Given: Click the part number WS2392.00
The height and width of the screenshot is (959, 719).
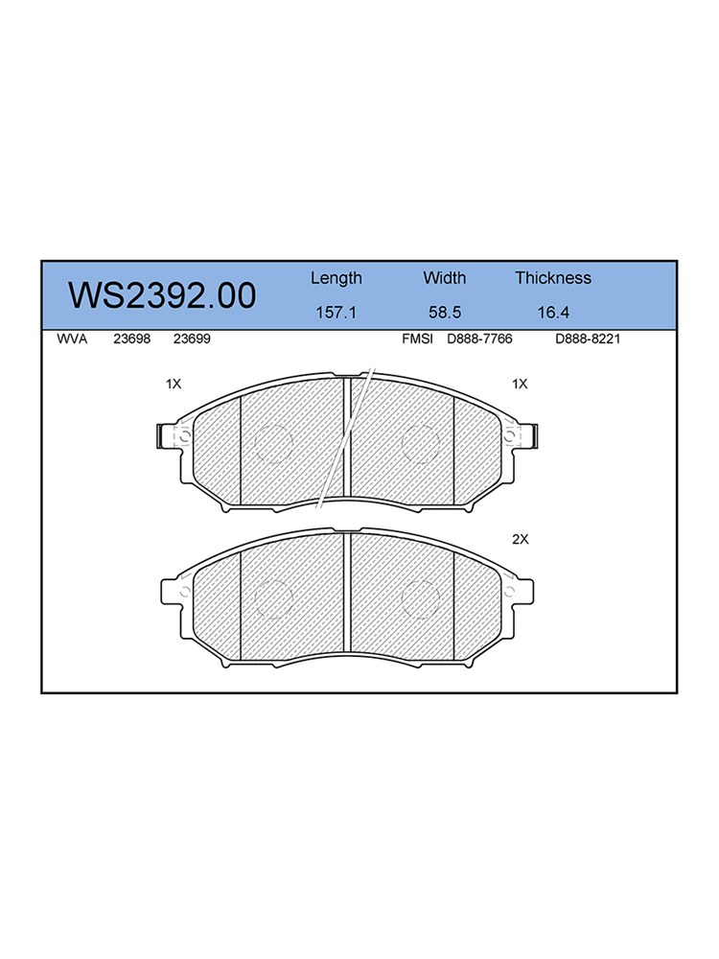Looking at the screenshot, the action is click(x=162, y=296).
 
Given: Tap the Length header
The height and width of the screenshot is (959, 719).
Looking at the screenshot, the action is click(x=336, y=279).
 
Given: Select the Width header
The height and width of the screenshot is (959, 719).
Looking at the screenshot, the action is click(x=445, y=278).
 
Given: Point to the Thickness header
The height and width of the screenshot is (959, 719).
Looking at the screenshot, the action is click(x=553, y=278).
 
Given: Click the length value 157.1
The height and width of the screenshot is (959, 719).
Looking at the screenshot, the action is click(x=336, y=313).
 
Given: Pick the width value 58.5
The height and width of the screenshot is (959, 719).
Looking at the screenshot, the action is click(x=445, y=313).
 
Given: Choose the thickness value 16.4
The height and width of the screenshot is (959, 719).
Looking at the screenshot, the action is click(x=553, y=313).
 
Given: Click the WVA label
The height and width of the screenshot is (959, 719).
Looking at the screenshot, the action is click(x=72, y=339).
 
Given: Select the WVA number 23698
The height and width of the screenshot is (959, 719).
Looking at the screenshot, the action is click(x=132, y=339).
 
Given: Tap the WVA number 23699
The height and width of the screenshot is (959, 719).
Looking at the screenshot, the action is click(x=192, y=339).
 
